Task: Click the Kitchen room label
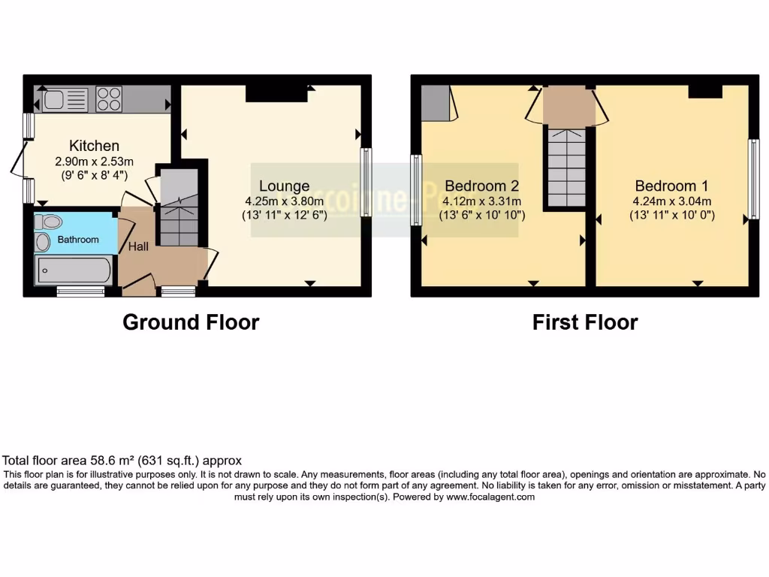[x=95, y=146]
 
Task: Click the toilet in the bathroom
[x=50, y=222]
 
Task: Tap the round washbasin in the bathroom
[x=42, y=242]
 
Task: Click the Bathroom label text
[x=79, y=240]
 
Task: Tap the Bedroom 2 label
[x=481, y=186]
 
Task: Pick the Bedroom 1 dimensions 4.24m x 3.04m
[x=671, y=201]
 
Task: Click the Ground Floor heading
[x=191, y=322]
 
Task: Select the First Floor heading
[x=585, y=322]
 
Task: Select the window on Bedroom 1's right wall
[x=752, y=180]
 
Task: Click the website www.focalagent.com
[x=490, y=497]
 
